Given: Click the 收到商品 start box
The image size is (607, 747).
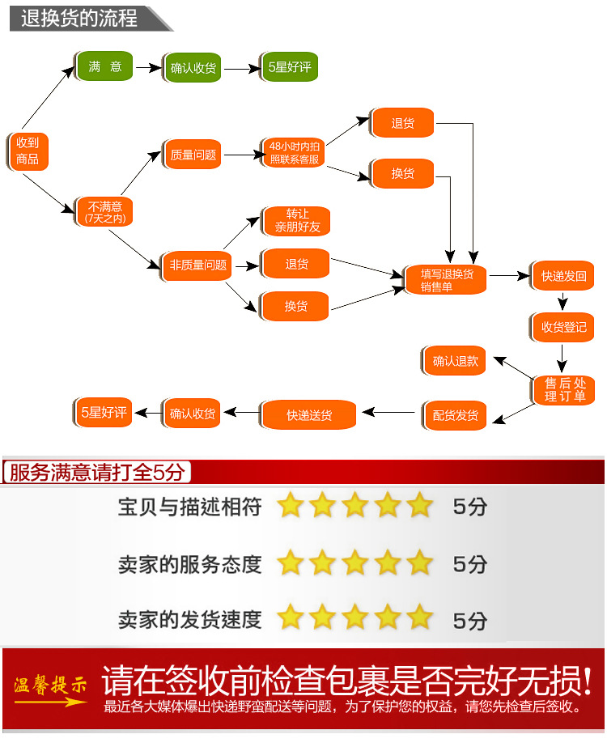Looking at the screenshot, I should (x=28, y=150).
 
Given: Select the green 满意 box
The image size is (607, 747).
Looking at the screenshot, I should (x=104, y=66).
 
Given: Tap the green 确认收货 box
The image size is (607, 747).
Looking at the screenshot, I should (x=193, y=68).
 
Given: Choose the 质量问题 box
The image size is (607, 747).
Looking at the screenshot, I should (x=193, y=154).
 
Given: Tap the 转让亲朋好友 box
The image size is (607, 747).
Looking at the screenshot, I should (x=296, y=221).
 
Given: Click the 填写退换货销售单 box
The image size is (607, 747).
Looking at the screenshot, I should (x=446, y=279).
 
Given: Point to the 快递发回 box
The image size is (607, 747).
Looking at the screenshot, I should (x=563, y=276).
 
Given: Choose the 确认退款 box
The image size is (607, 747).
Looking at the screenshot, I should (x=455, y=361).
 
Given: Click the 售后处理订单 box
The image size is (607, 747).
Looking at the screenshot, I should (x=564, y=390).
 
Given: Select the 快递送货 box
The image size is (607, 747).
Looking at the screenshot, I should (x=308, y=415).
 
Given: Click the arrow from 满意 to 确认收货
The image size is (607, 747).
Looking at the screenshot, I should (x=148, y=68).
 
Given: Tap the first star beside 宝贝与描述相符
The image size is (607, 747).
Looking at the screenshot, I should (x=290, y=507).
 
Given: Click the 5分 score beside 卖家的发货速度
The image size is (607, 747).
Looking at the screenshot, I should (x=470, y=621).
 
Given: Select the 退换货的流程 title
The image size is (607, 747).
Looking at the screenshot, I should (x=79, y=18).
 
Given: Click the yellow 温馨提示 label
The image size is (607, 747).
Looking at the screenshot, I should (x=50, y=686).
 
